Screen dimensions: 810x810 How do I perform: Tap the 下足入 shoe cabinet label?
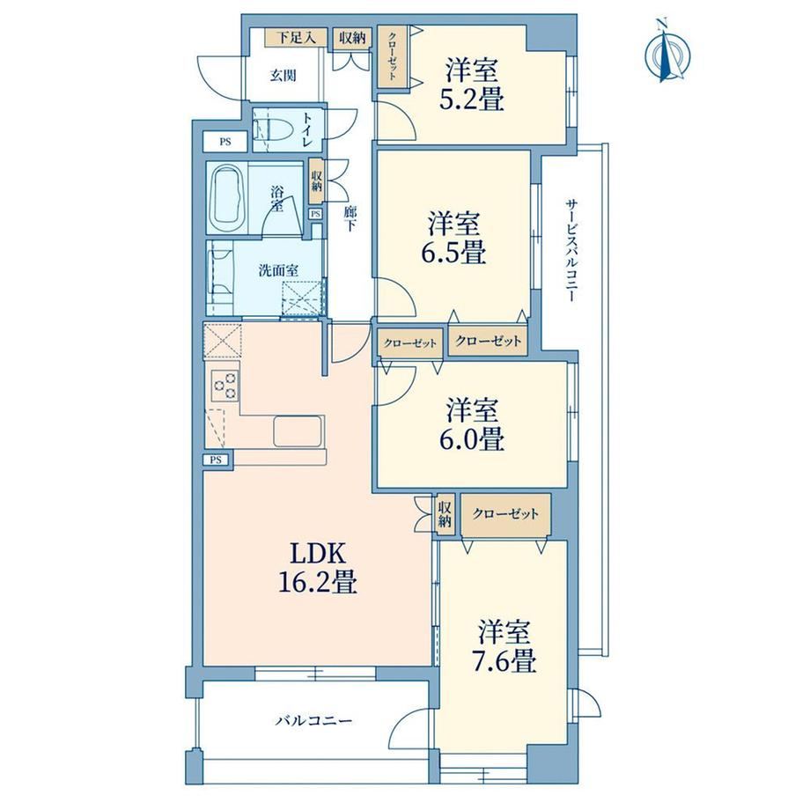click(x=296, y=38)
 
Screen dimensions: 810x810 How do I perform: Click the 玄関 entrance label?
click(x=283, y=76)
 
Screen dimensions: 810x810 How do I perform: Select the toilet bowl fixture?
click(x=270, y=129)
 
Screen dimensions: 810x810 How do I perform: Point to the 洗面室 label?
click(x=278, y=269)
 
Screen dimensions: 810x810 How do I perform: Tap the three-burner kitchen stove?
click(x=225, y=386)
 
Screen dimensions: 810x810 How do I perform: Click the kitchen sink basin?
click(x=298, y=431)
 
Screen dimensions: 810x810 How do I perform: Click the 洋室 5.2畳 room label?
click(x=472, y=85)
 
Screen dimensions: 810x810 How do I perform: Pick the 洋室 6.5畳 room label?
click(x=453, y=238)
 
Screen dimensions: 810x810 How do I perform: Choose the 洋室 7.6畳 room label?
click(x=504, y=645)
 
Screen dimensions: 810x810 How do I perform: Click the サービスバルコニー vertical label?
click(x=571, y=250)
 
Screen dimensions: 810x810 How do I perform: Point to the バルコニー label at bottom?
click(x=313, y=720)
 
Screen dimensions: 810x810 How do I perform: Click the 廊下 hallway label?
click(x=350, y=218)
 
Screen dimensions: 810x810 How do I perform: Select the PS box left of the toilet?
click(x=225, y=142)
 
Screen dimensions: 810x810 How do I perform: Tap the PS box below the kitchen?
click(x=216, y=460)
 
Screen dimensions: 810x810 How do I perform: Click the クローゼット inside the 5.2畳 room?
click(x=393, y=56)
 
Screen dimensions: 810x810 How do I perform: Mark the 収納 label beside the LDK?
click(x=445, y=513)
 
